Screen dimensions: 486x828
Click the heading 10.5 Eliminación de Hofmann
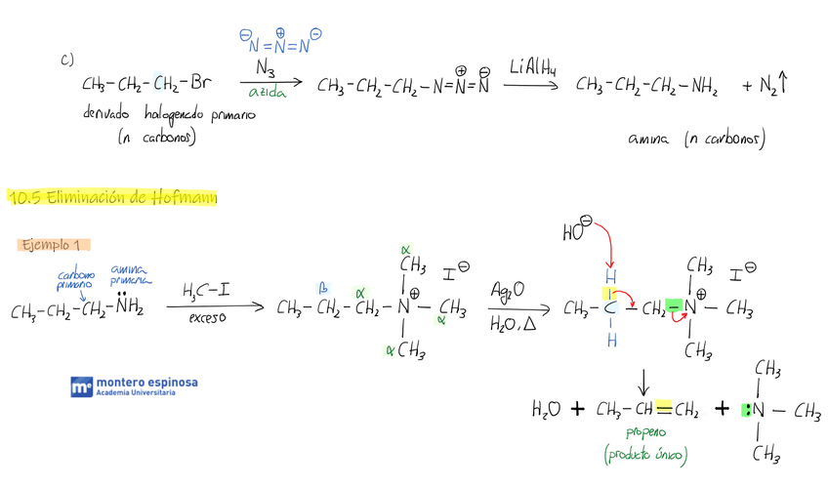112,197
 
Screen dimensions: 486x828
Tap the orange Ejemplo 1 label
55,244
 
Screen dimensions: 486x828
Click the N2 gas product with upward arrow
766,87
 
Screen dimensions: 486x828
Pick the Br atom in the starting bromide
198,85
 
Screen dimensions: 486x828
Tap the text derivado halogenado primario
170,114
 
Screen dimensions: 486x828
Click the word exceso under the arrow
208,319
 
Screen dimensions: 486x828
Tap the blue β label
321,289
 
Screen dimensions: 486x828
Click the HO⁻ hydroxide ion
578,232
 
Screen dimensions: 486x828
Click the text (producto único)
646,455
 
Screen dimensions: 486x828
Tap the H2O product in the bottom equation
546,409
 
